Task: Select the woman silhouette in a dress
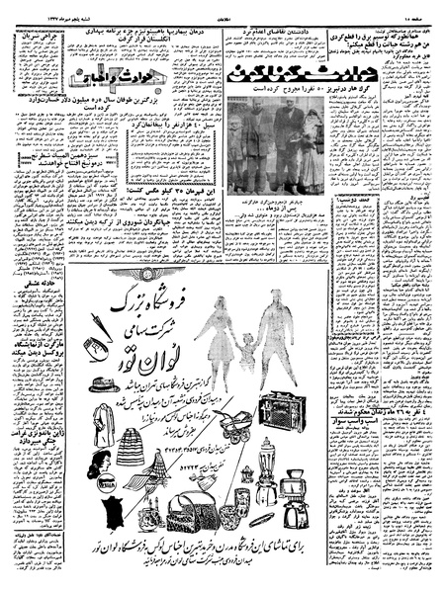click(x=213, y=336)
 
